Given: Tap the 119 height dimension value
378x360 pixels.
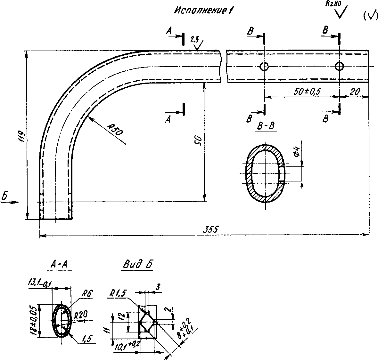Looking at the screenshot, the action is (22, 135).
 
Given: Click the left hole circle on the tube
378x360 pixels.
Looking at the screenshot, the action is (264, 67).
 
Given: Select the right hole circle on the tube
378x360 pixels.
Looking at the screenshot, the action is (339, 67).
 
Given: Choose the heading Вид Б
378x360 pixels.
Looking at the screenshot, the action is (137, 265).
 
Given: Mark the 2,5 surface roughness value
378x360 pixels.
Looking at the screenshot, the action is (194, 40).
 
